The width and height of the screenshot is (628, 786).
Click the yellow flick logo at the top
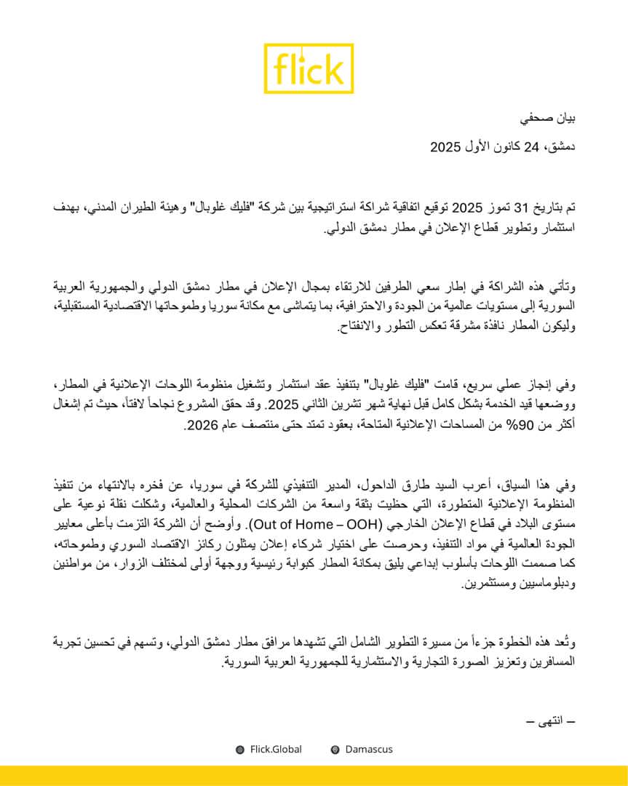click(x=309, y=68)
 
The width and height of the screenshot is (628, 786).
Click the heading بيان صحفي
click(x=550, y=118)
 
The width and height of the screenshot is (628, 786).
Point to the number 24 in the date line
click(x=532, y=147)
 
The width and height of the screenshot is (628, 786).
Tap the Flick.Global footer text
click(x=276, y=749)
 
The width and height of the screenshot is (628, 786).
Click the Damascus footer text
click(x=369, y=749)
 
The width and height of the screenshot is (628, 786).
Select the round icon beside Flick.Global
click(x=240, y=750)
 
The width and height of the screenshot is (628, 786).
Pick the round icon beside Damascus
click(x=335, y=750)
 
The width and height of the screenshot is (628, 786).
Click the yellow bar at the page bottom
click(x=314, y=776)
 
